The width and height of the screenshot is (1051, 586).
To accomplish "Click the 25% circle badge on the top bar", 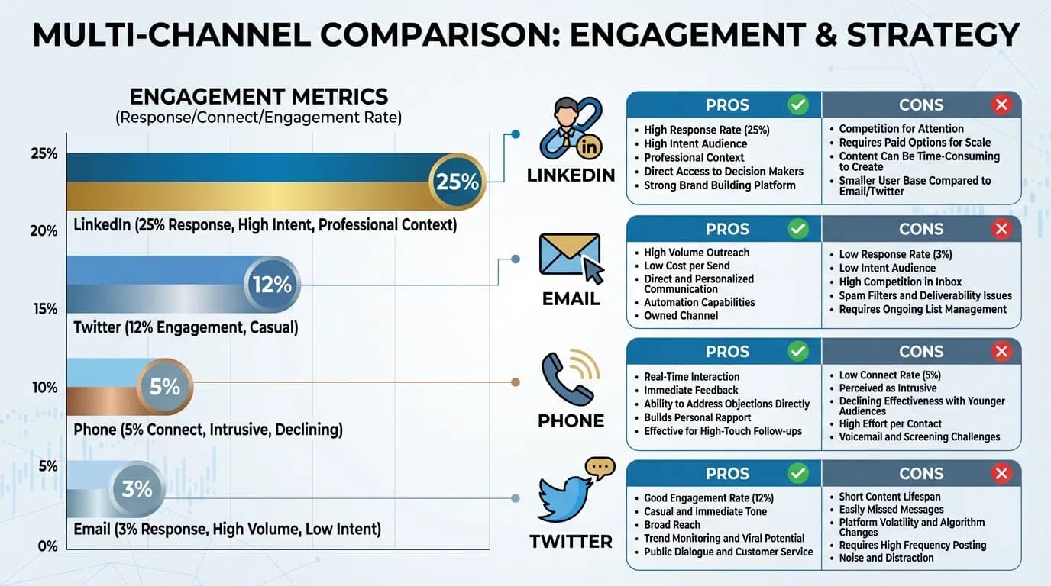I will [x=457, y=182].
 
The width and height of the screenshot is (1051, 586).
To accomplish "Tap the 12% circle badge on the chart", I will [x=272, y=285].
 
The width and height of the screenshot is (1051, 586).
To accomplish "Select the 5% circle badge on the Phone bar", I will [x=164, y=387].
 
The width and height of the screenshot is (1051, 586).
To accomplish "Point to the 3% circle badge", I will [x=137, y=488].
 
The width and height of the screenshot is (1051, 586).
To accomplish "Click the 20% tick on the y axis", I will [x=44, y=230].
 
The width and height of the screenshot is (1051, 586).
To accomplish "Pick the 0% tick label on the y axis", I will [x=47, y=546].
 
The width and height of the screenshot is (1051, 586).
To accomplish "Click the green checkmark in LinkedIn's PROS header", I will [x=798, y=105].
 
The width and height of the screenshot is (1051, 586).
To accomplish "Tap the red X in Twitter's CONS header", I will [x=1001, y=474].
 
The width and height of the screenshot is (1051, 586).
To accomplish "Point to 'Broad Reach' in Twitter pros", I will [x=672, y=525].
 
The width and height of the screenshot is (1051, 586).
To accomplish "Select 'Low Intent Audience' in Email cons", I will [x=887, y=268].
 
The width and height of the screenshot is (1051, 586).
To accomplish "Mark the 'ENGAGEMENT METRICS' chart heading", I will [x=259, y=97].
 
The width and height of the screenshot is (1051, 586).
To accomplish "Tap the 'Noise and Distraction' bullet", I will [x=886, y=558].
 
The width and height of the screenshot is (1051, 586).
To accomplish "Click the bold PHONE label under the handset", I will [x=571, y=421].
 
